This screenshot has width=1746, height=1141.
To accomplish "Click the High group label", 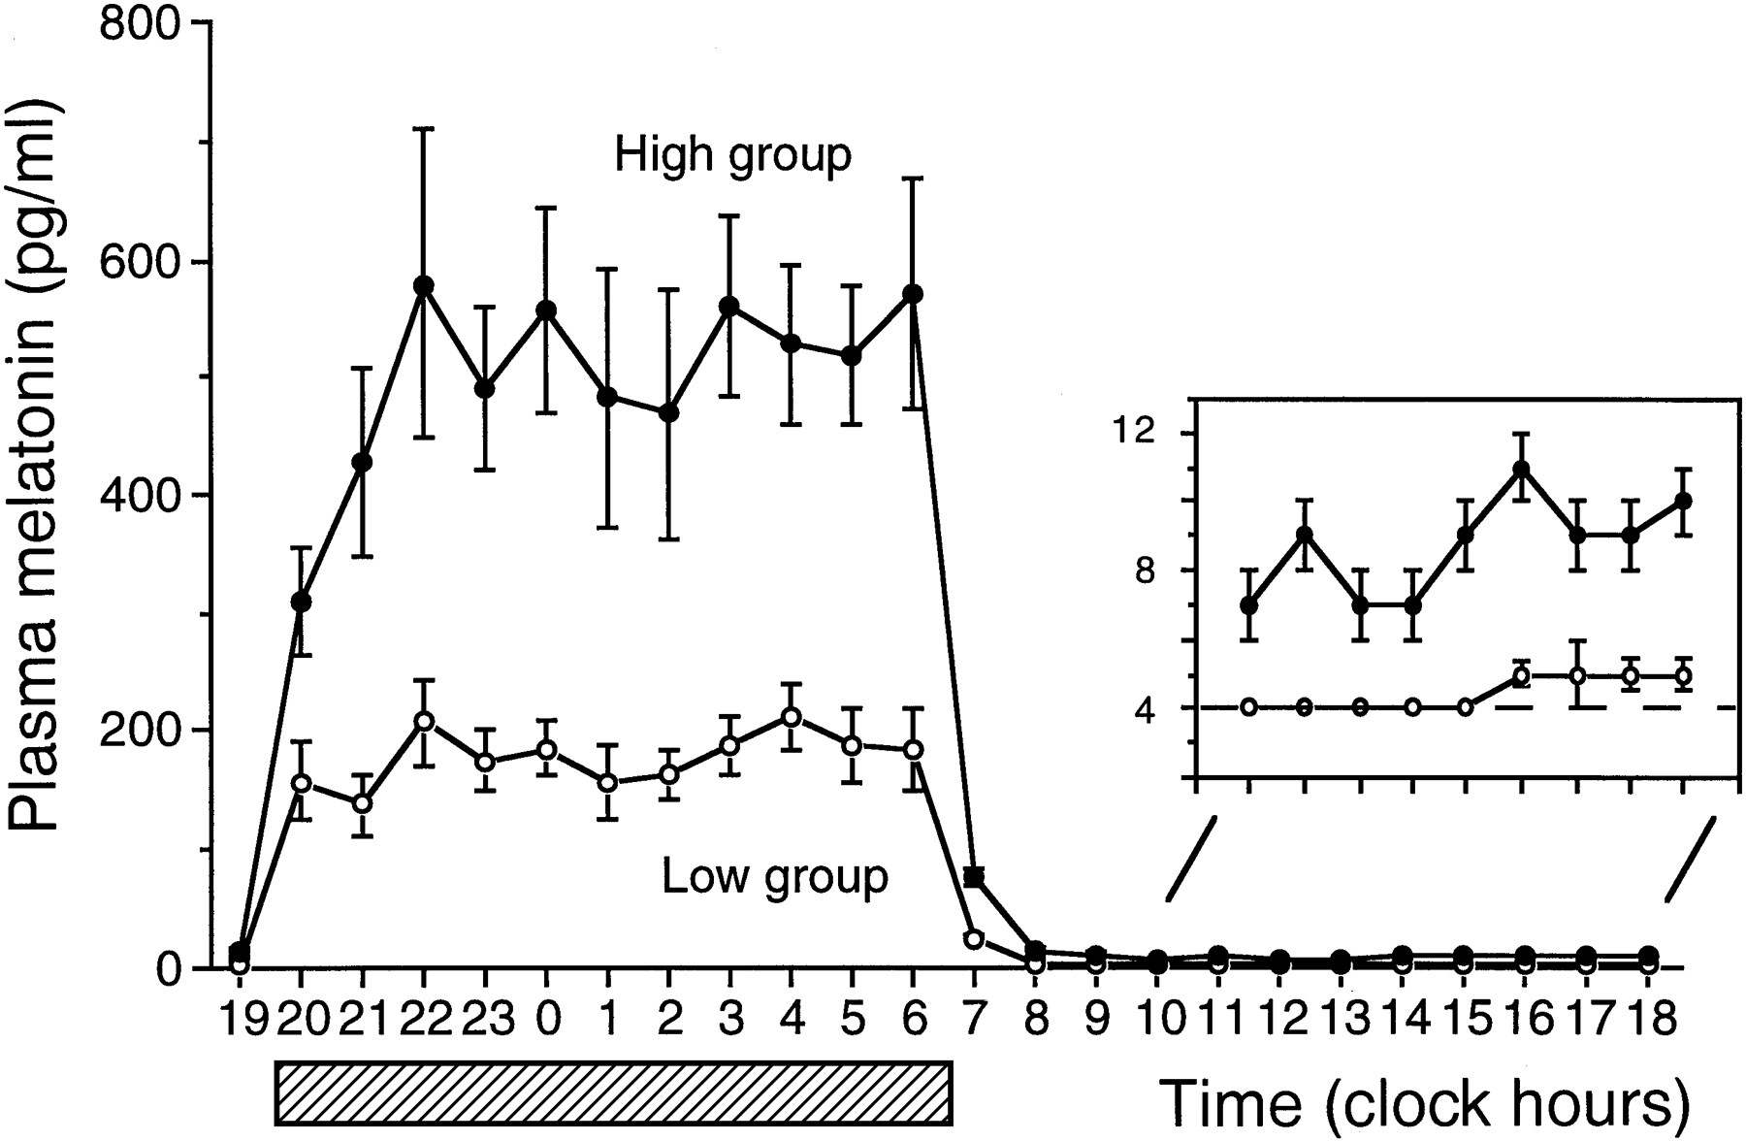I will (732, 155).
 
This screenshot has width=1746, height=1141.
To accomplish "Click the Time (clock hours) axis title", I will (1424, 1103).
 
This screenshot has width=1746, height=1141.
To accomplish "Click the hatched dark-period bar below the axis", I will (613, 1092).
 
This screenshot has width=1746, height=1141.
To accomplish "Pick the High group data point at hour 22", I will (423, 285).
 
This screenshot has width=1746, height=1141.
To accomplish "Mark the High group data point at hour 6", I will (912, 293).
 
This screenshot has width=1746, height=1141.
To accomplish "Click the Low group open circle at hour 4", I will (792, 717).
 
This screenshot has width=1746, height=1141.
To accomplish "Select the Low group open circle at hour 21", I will (362, 803).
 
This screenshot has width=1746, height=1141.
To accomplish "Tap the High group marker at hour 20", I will (301, 602).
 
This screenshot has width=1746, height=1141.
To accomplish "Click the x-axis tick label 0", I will (547, 1019).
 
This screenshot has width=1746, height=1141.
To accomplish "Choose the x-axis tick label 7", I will (974, 1019).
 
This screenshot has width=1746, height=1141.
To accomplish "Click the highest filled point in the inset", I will (1521, 470).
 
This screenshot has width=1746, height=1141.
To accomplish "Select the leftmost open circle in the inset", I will (1248, 706).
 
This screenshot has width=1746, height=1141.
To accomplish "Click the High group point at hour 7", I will (974, 878).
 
